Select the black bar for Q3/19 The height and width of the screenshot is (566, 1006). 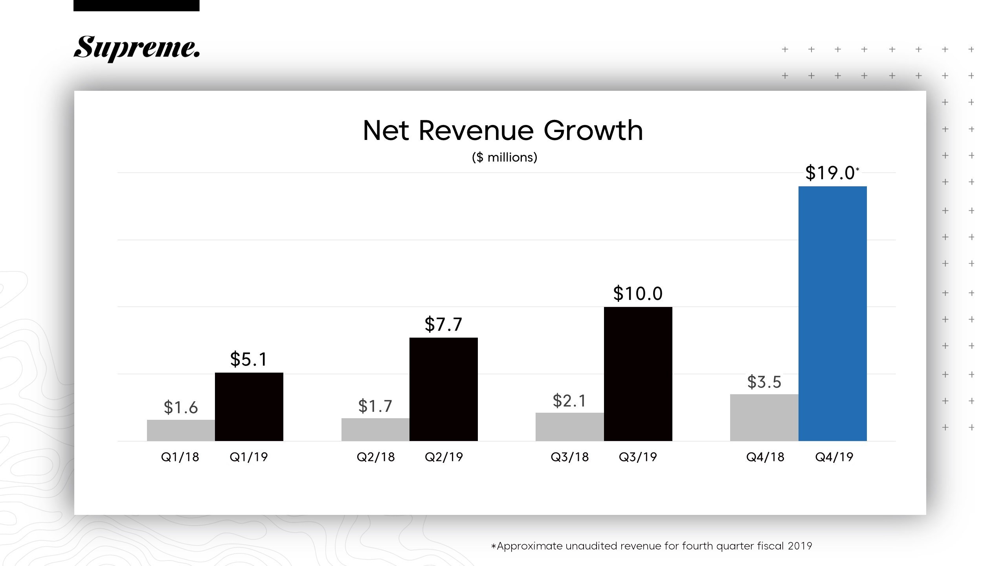[x=638, y=374]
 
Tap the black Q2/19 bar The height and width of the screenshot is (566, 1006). [x=443, y=389]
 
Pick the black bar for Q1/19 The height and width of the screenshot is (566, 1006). [x=249, y=406]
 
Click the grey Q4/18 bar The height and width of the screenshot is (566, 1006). [x=764, y=417]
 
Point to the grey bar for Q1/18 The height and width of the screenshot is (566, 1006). [x=181, y=430]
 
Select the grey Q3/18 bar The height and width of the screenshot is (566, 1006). [x=569, y=426]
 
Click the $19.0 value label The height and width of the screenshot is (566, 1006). [x=830, y=173]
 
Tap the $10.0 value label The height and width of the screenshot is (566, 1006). [x=638, y=294]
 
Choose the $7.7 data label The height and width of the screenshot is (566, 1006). [x=443, y=325]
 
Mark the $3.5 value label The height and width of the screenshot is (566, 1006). [x=764, y=382]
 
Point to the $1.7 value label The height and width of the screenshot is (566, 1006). [x=375, y=406]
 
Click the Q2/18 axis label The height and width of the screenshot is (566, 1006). [x=376, y=457]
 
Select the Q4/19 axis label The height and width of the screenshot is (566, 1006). [x=834, y=457]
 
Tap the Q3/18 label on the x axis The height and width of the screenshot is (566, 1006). [x=569, y=457]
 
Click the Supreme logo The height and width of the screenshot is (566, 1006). [x=136, y=48]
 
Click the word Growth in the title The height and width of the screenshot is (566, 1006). [x=593, y=130]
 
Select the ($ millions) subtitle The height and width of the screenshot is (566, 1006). [x=504, y=157]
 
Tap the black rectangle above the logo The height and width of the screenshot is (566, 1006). [x=136, y=5]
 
